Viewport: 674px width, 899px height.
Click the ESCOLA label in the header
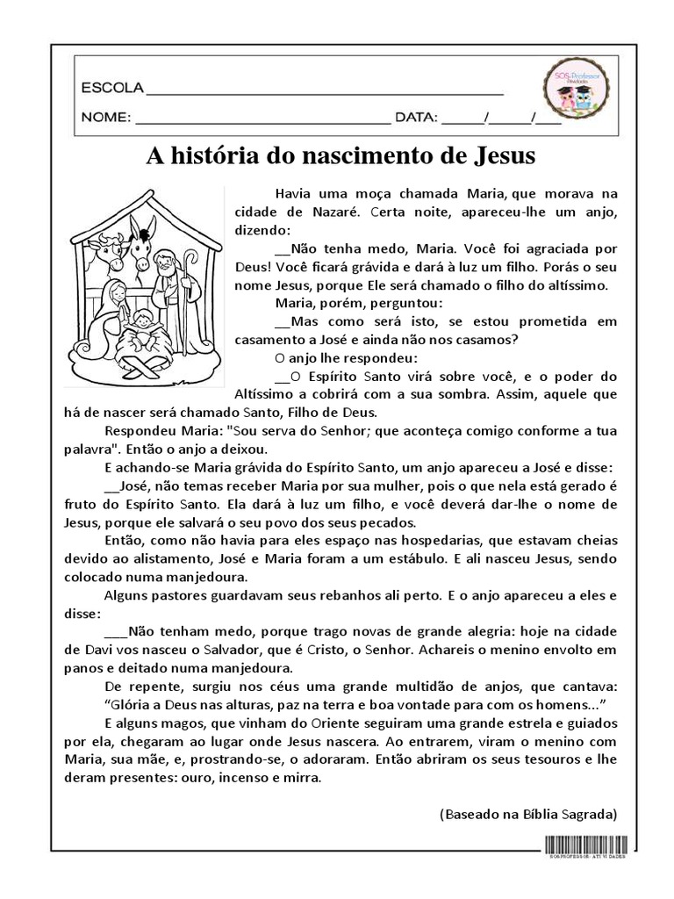111,89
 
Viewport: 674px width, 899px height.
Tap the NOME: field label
106,117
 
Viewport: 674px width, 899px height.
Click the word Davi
95,650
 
